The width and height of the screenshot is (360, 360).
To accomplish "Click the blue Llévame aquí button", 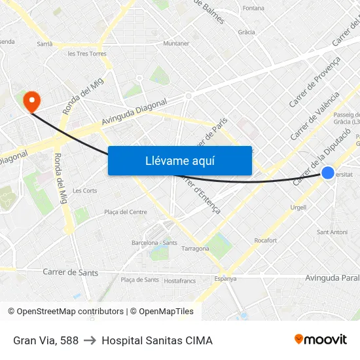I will (180, 160).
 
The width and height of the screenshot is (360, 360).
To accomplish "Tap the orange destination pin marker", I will (31, 101).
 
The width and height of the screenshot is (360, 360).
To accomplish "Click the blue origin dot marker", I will (329, 173).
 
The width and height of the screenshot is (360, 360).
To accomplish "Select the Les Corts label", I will (85, 190).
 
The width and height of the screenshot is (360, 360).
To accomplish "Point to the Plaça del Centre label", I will (126, 212).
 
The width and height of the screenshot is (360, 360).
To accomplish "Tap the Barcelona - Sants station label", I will (154, 242).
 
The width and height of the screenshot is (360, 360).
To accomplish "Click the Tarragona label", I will (195, 249).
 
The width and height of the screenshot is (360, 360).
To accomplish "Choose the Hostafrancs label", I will (179, 280).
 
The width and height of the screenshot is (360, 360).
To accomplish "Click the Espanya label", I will (225, 279).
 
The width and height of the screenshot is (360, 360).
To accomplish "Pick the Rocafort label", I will (265, 240).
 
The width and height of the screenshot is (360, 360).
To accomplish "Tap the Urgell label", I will (298, 207).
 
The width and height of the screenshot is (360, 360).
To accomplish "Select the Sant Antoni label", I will (332, 232).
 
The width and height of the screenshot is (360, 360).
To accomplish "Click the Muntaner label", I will (176, 43).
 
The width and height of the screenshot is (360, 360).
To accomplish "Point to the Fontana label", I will (253, 9).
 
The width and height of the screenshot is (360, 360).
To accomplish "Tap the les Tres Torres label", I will (87, 54).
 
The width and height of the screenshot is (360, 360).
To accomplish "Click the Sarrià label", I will (45, 44).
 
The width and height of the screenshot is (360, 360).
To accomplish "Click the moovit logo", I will (320, 340).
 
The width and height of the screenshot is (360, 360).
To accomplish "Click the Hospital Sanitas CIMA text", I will (157, 340).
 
